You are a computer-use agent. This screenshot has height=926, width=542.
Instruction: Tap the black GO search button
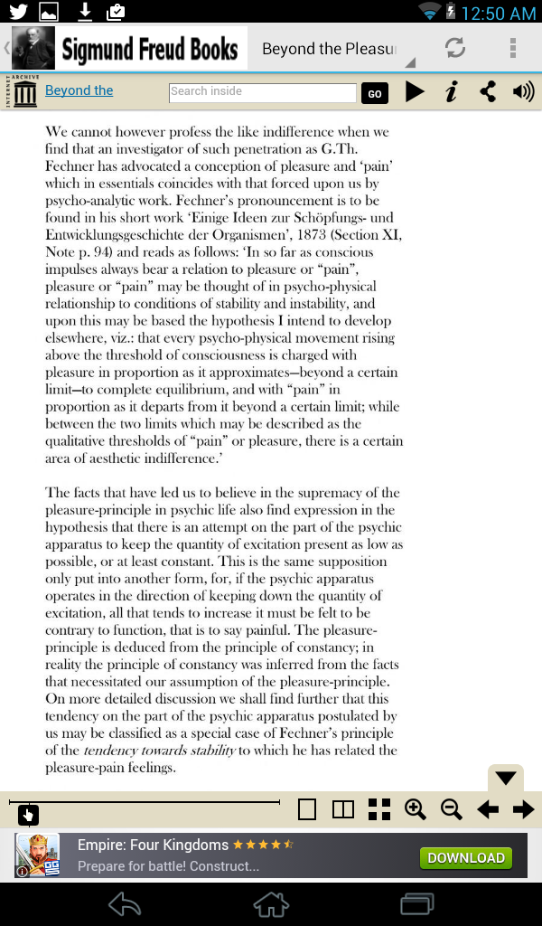click(x=374, y=93)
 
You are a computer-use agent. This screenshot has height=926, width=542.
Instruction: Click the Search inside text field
click(x=263, y=92)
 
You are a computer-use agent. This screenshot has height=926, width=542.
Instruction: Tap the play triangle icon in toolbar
click(x=415, y=91)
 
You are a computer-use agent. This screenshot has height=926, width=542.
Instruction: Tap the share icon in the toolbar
click(x=488, y=91)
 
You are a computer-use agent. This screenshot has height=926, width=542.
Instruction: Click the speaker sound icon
click(x=523, y=91)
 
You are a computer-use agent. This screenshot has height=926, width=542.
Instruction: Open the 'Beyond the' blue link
click(x=79, y=90)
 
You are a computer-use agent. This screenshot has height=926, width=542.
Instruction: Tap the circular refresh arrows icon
click(x=455, y=48)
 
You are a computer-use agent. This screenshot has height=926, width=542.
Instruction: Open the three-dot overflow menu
click(x=513, y=48)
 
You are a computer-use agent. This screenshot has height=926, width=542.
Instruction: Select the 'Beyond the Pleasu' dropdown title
click(x=330, y=49)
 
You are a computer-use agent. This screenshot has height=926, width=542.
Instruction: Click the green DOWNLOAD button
click(x=465, y=857)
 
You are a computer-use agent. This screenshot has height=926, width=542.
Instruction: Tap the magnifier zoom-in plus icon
click(x=416, y=809)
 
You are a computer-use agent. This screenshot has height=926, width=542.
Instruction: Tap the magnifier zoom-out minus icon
click(x=452, y=809)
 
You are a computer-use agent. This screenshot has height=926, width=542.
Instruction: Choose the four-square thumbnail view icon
click(x=379, y=809)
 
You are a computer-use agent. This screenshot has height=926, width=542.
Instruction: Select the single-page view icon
click(x=307, y=809)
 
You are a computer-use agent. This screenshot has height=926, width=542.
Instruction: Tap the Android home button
click(x=271, y=903)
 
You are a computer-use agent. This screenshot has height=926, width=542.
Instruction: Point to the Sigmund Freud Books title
click(x=150, y=49)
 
